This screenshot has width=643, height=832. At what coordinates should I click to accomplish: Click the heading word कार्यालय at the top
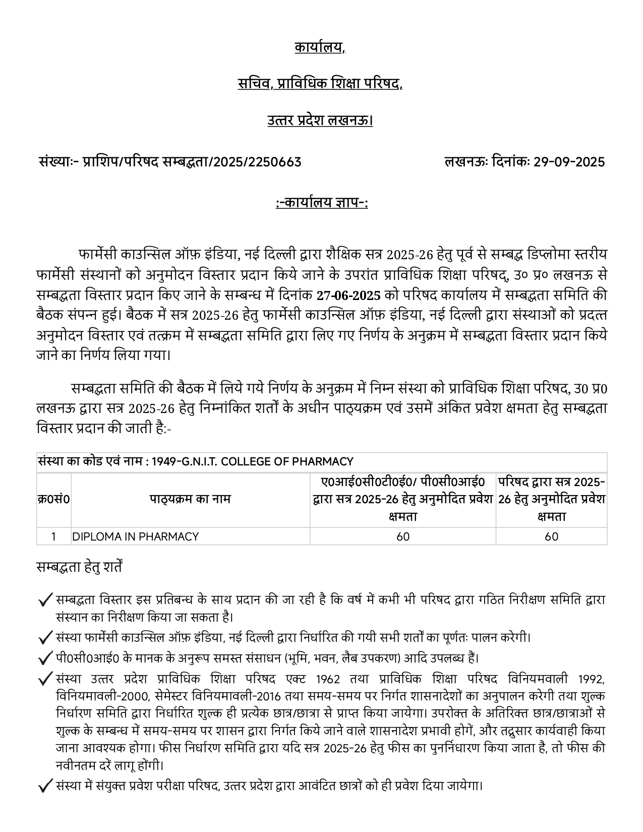coord(319,48)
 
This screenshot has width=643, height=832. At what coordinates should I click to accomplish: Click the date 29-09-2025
coord(569,162)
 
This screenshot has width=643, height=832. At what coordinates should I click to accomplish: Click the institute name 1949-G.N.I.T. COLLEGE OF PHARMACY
coord(252,461)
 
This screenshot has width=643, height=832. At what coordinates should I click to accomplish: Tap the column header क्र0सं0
coord(53,499)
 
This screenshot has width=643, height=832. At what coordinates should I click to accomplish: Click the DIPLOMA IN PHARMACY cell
coord(136,537)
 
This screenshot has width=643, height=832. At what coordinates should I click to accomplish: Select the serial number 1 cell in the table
coord(53,537)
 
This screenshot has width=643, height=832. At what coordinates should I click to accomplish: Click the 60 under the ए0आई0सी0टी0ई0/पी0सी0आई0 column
coord(403,537)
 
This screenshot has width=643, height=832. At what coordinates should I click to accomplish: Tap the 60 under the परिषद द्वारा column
coord(551,537)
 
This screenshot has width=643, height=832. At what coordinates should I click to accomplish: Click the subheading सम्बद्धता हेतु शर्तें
coord(79,567)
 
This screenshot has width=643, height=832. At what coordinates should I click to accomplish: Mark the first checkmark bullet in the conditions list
coord(45,601)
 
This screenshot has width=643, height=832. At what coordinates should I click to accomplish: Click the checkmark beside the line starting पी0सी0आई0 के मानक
coord(45,659)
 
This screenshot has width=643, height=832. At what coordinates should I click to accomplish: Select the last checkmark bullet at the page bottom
coord(45,786)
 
